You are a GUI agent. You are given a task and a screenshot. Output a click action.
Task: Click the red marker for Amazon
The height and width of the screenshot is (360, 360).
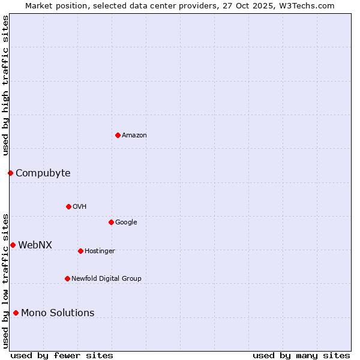118,135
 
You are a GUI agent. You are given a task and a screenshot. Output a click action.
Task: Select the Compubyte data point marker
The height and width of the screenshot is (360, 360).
10,173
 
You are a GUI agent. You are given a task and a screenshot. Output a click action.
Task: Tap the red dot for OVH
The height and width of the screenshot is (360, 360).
68,206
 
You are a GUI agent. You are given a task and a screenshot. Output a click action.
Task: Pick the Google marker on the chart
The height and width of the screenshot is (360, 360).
111,222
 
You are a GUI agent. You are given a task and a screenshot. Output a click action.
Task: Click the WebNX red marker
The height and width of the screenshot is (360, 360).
13,245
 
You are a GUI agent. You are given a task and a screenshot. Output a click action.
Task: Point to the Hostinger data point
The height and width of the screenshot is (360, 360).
80,251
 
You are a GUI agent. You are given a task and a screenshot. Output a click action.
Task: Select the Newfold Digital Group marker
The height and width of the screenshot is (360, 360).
67,278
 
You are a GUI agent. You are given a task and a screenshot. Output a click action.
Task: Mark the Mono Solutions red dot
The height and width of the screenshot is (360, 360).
16,313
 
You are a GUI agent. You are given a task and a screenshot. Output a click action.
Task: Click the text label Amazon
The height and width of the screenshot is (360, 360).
134,136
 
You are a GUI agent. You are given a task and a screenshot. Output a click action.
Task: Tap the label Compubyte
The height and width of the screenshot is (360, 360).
43,173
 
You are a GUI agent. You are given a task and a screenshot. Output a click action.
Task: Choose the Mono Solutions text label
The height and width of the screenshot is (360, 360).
58,313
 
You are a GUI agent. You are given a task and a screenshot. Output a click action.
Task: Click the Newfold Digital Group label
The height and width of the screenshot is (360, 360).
106,278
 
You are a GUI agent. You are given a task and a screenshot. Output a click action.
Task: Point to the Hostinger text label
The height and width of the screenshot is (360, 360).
100,251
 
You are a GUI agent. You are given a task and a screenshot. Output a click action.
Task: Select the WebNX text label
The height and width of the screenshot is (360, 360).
35,245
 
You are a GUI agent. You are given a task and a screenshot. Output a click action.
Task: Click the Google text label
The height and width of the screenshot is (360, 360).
126,223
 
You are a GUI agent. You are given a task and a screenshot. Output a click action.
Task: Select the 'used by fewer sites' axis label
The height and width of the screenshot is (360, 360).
62,355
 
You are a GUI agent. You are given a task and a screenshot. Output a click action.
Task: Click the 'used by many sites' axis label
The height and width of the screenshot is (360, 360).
301,355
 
